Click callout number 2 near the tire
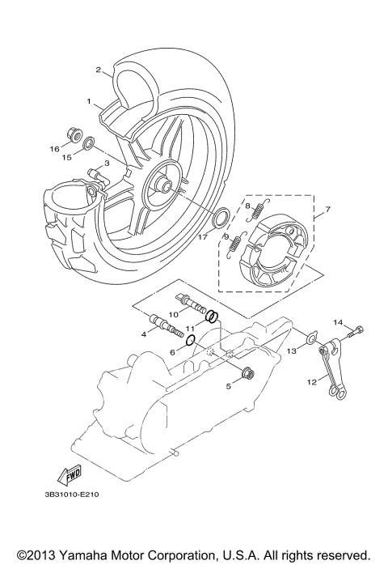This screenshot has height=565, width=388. [x=99, y=70]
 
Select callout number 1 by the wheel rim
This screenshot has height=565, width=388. [x=90, y=101]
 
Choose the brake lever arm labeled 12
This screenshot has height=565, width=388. [x=331, y=372]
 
